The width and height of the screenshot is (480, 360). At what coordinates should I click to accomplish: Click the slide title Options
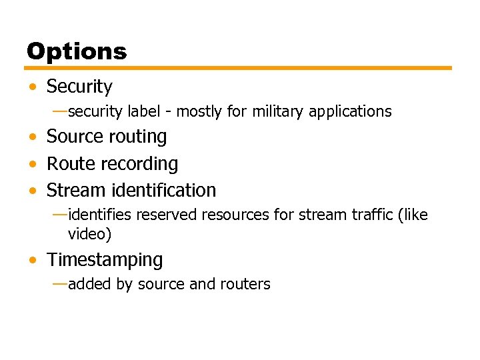click(x=77, y=51)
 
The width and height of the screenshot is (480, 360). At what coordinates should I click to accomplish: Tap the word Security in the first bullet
click(x=79, y=87)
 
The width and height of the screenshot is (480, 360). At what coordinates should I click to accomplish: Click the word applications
click(x=350, y=111)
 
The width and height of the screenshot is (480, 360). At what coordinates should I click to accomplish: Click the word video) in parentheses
click(x=89, y=234)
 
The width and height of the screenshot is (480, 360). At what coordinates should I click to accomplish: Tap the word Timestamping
click(x=105, y=260)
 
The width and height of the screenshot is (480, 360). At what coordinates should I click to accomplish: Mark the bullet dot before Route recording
click(x=33, y=164)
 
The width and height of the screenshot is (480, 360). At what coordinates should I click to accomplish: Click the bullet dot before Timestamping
click(x=33, y=260)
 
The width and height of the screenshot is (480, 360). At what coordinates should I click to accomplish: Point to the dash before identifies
click(x=59, y=215)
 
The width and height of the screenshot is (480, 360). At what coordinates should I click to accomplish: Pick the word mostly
click(x=199, y=111)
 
